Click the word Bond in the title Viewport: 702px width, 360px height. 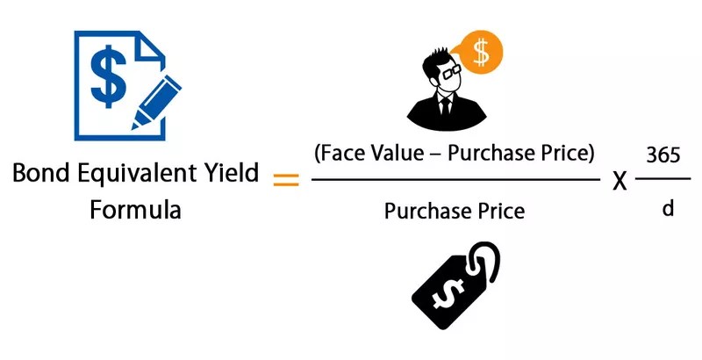click(x=40, y=172)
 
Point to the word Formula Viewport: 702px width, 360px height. click(x=136, y=212)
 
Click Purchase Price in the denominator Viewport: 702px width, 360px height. click(x=455, y=211)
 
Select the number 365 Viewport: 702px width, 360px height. click(x=664, y=155)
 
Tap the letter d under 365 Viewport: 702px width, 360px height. click(x=665, y=211)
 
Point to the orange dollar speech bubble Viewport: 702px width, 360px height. click(x=481, y=52)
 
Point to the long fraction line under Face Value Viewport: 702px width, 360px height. click(x=455, y=181)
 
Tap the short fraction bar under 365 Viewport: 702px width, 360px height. click(x=664, y=181)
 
